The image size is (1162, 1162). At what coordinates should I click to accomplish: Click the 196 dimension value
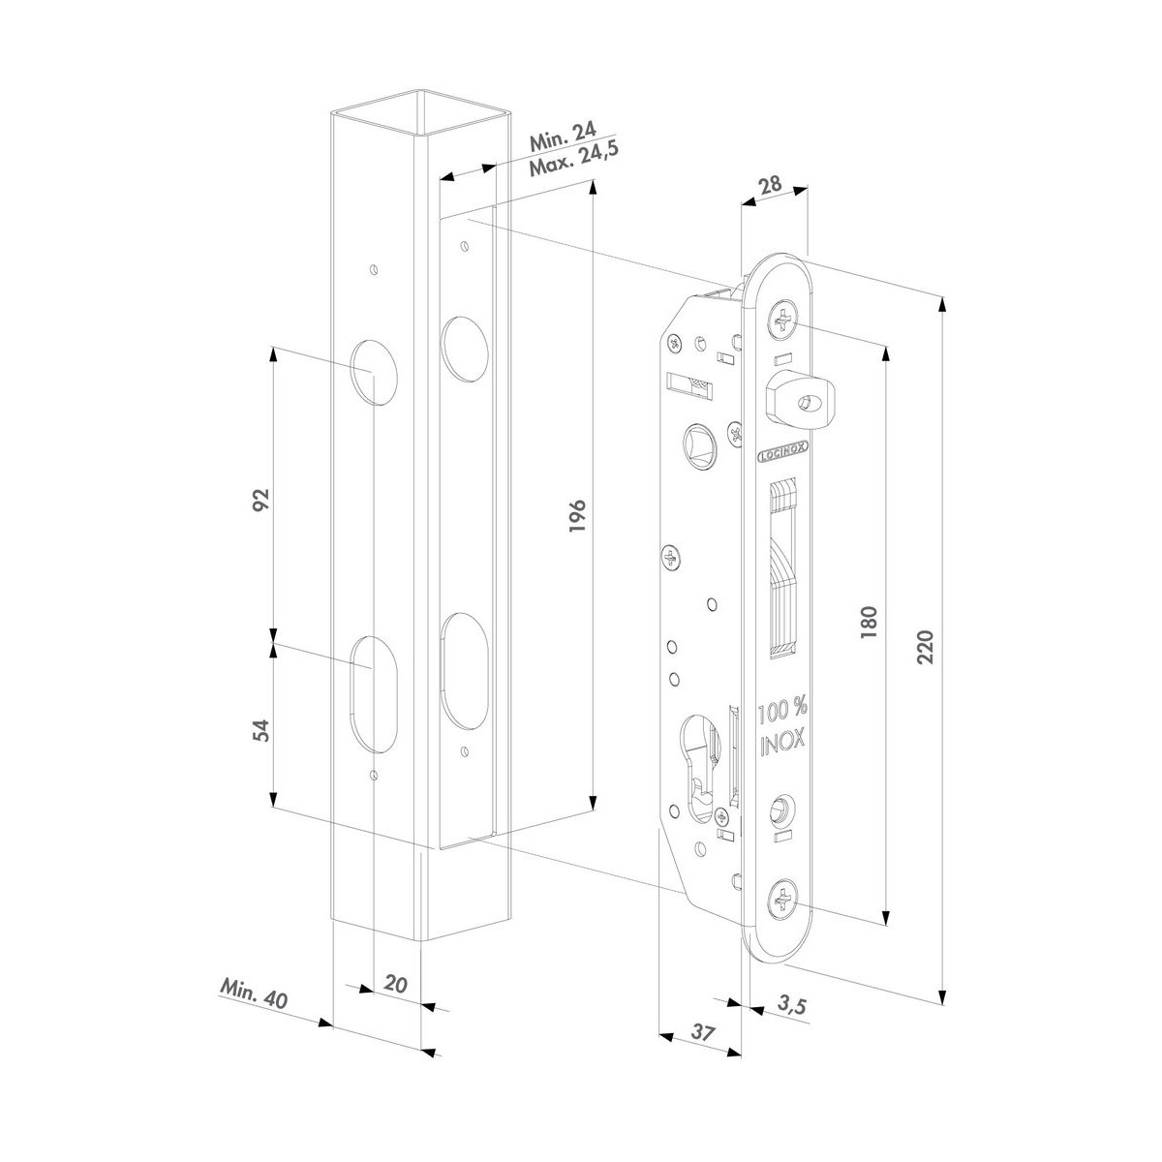(577, 515)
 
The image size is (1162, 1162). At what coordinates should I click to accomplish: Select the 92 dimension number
(260, 500)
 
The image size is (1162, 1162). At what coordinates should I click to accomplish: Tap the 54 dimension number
(260, 730)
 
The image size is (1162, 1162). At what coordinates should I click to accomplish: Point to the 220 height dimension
(925, 647)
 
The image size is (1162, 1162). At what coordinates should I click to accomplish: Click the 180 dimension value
(869, 623)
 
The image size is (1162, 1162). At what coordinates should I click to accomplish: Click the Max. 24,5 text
(574, 160)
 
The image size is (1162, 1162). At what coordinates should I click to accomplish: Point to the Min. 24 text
(563, 137)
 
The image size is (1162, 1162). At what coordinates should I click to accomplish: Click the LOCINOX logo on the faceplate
(782, 455)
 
